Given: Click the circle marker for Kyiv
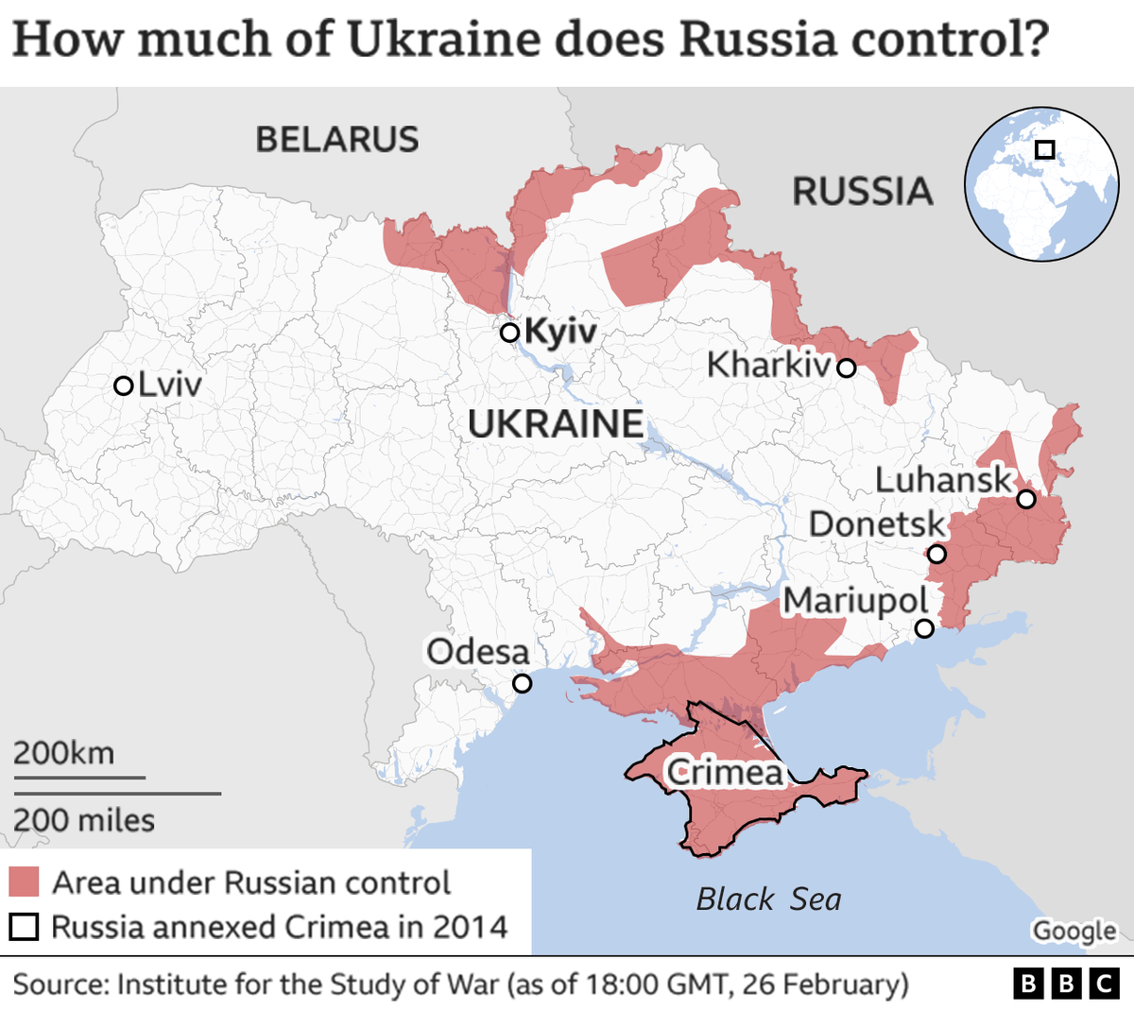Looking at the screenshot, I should point(509,333).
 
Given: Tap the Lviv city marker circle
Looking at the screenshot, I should point(123,385).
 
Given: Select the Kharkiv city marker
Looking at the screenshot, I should point(846,368).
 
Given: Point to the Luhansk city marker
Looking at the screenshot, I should point(1025,499).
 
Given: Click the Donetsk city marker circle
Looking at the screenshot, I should point(936,554).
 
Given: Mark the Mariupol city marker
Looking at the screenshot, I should point(924,628).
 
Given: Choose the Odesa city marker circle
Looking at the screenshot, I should point(522,683).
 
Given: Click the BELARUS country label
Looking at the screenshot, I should point(336,140).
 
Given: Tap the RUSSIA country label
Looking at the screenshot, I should point(862,192).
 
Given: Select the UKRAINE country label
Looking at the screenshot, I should point(556,424).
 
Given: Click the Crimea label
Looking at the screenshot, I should point(726,773).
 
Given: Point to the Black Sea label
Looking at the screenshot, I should point(768,899).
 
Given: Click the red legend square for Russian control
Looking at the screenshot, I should point(24,882).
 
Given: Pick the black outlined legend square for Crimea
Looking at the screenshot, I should point(24,927).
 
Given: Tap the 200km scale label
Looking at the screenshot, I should point(63,753).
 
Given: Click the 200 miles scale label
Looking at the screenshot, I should point(84,820).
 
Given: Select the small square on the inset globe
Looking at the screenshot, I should point(1044,149).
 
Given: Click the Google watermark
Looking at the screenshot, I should point(1074,932).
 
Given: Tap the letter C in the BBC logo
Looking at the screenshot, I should point(1104,984).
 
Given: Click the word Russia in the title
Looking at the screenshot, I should point(757,40).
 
